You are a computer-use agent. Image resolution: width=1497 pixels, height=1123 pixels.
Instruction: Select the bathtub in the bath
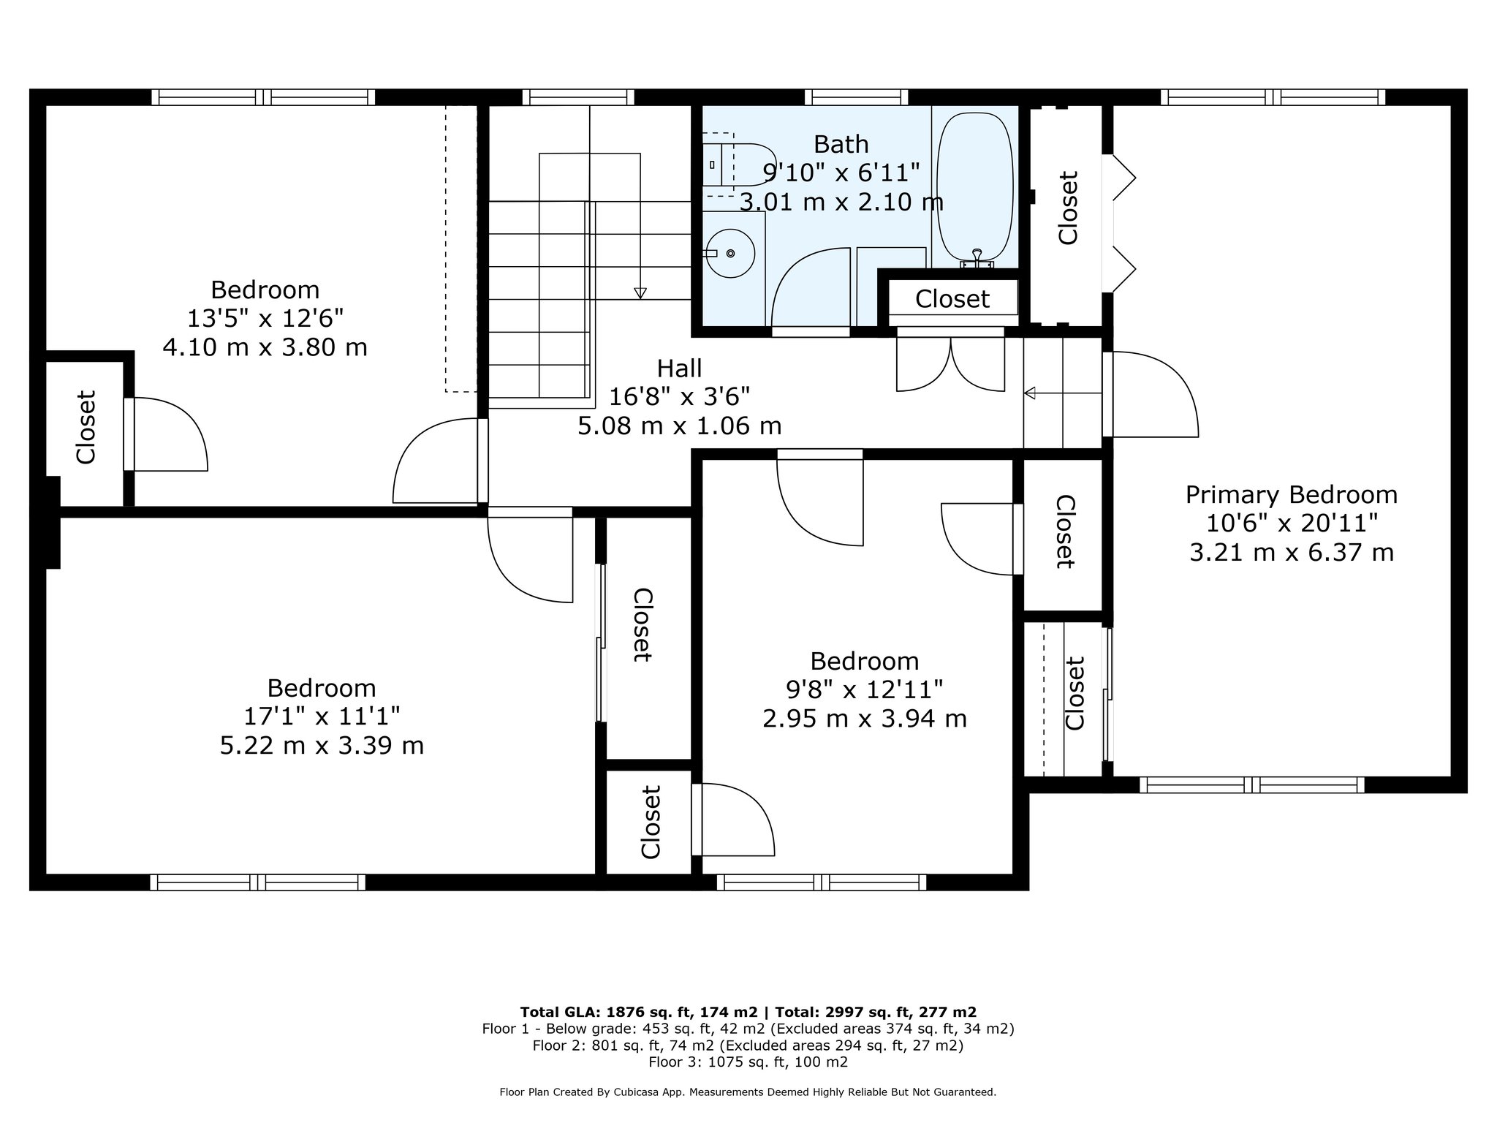pyautogui.click(x=975, y=190)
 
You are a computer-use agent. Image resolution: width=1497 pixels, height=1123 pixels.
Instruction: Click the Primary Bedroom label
pyautogui.click(x=1292, y=495)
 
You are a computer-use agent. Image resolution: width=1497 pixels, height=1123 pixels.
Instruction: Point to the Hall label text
pyautogui.click(x=679, y=368)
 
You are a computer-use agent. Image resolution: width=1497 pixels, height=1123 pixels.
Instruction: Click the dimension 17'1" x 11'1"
pyautogui.click(x=322, y=716)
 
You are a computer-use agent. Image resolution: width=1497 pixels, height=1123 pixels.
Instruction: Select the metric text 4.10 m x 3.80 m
pyautogui.click(x=265, y=347)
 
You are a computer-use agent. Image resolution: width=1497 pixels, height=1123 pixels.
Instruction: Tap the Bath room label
pyautogui.click(x=841, y=144)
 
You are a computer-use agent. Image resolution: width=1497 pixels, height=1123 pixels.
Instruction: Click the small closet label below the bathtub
pyautogui.click(x=952, y=299)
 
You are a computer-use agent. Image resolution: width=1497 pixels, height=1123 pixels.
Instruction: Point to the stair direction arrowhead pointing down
pyautogui.click(x=640, y=293)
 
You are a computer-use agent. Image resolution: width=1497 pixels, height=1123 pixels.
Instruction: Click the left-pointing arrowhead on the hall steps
pyautogui.click(x=1030, y=393)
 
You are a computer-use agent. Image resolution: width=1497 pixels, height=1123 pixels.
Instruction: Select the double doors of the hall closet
pyautogui.click(x=950, y=363)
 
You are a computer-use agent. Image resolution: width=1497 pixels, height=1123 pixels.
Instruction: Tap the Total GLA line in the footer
pyautogui.click(x=748, y=1012)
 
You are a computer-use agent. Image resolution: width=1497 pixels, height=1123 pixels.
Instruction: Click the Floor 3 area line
pyautogui.click(x=748, y=1062)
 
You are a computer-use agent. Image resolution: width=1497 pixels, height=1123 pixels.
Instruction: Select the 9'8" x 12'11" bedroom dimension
pyautogui.click(x=865, y=689)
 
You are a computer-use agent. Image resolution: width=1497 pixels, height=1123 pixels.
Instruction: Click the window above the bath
pyautogui.click(x=857, y=97)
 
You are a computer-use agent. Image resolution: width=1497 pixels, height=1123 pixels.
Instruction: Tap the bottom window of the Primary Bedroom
pyautogui.click(x=1252, y=785)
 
